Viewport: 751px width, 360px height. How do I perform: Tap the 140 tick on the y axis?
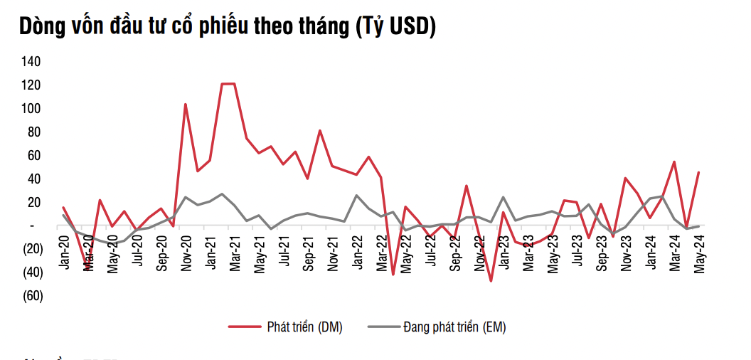(32, 62)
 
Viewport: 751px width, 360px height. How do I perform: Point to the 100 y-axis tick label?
(32, 109)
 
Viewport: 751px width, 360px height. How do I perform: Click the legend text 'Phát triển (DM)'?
(304, 327)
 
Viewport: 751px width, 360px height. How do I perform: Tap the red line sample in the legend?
(245, 327)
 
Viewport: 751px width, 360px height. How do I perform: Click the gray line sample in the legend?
(383, 327)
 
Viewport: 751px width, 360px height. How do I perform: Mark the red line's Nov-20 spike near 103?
(186, 105)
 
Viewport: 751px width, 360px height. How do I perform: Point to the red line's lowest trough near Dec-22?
(491, 281)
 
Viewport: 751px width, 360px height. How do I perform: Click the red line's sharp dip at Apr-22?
(393, 274)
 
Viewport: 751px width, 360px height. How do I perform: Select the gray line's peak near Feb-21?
(222, 194)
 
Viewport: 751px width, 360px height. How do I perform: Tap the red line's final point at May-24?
(698, 172)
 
